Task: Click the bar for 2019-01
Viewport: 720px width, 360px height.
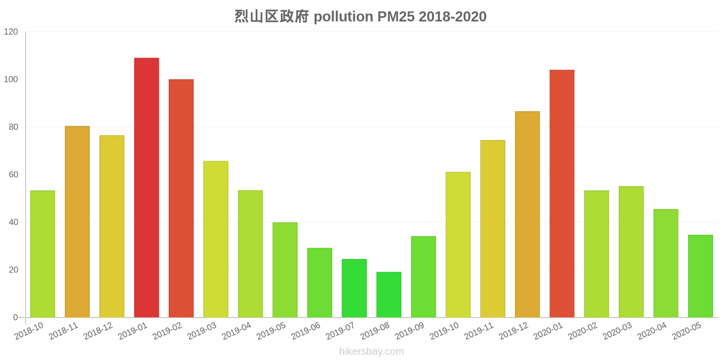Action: (x=146, y=188)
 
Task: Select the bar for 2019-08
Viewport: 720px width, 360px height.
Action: (x=389, y=295)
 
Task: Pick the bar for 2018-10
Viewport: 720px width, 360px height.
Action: (x=43, y=254)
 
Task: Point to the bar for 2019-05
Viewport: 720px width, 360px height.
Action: (x=285, y=270)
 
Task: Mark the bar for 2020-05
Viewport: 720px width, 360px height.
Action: (x=700, y=276)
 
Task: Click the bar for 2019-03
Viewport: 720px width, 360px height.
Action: (x=216, y=239)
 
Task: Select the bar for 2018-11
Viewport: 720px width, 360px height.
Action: (x=77, y=222)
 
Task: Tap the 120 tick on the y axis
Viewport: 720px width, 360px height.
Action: (x=11, y=32)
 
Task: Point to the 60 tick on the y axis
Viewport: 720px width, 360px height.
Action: (x=13, y=175)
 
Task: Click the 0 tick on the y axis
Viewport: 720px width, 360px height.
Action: (x=16, y=317)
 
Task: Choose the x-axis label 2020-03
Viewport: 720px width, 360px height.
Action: (x=617, y=331)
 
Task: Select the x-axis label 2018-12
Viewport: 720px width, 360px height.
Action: (x=98, y=331)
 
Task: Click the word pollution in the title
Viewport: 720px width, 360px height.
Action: (x=343, y=17)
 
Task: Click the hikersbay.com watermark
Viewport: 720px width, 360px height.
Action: (x=371, y=351)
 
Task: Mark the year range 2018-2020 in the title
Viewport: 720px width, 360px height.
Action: (x=453, y=17)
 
